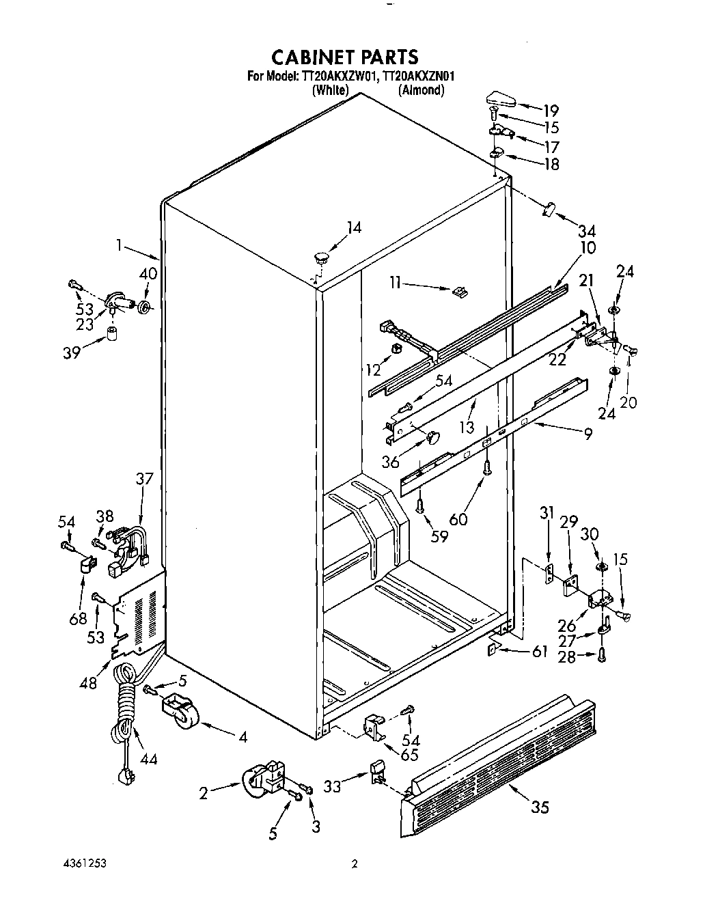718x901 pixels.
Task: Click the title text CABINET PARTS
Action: point(344,56)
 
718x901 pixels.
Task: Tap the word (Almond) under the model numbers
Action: point(421,89)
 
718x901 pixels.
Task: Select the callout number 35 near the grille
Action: point(539,807)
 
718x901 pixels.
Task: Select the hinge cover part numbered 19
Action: point(501,100)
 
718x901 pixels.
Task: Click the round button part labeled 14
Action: point(321,258)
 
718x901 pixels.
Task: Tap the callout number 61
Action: point(539,652)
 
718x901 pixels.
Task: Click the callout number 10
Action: point(588,247)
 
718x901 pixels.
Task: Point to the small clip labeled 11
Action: point(460,291)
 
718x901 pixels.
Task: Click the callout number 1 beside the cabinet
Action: point(120,245)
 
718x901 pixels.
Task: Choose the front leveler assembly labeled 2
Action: point(264,781)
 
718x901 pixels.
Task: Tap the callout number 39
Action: point(72,352)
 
